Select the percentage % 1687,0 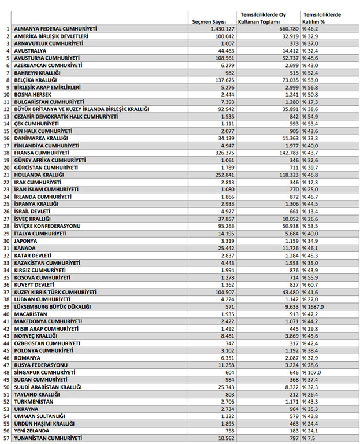pos(314,306)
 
